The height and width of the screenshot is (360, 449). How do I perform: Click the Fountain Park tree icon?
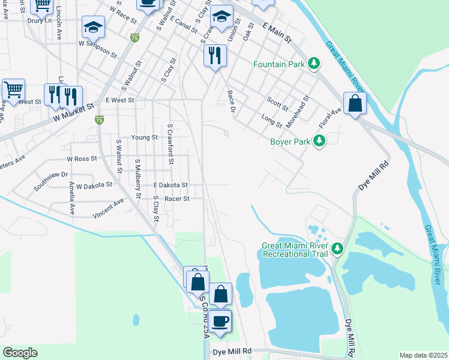(313, 64)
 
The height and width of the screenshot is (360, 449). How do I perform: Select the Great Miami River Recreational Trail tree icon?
(337, 248)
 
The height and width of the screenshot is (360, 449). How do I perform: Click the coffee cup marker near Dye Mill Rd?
(220, 320)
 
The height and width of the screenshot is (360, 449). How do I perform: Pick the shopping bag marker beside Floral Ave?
(355, 103)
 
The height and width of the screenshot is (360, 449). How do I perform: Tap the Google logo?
(20, 353)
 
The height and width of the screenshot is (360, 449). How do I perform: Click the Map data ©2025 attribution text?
(423, 355)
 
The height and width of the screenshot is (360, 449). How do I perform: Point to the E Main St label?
(277, 32)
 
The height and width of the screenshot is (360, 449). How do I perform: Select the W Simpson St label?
(97, 47)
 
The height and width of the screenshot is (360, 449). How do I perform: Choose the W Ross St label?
(82, 159)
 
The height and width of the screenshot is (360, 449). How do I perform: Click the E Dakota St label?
(170, 185)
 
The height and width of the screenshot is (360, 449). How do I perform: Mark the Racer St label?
(177, 199)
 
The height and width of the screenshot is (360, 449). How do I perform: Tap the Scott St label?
(277, 104)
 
